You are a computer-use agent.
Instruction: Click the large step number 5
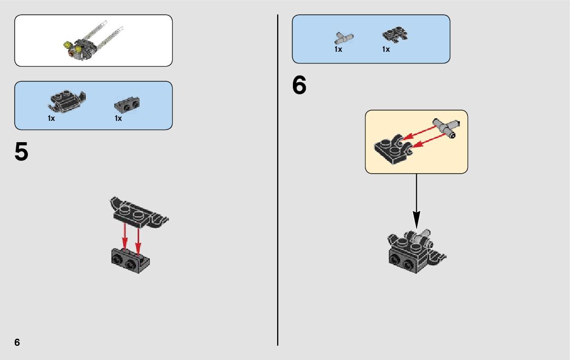pyautogui.click(x=21, y=152)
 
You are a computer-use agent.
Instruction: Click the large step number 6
pyautogui.click(x=299, y=85)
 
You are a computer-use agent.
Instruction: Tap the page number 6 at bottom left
pyautogui.click(x=17, y=342)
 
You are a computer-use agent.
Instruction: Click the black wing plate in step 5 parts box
pyautogui.click(x=66, y=101)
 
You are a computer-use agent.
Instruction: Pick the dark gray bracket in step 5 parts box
pyautogui.click(x=127, y=105)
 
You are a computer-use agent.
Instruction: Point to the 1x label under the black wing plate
pyautogui.click(x=51, y=118)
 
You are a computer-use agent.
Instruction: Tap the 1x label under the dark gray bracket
pyautogui.click(x=118, y=118)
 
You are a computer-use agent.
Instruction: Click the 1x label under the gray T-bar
pyautogui.click(x=338, y=49)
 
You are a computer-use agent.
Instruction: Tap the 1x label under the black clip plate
pyautogui.click(x=386, y=49)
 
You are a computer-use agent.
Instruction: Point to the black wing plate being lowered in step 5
pyautogui.click(x=139, y=213)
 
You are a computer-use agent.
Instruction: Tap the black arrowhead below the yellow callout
pyautogui.click(x=417, y=220)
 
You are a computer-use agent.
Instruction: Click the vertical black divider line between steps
pyautogui.click(x=278, y=180)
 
